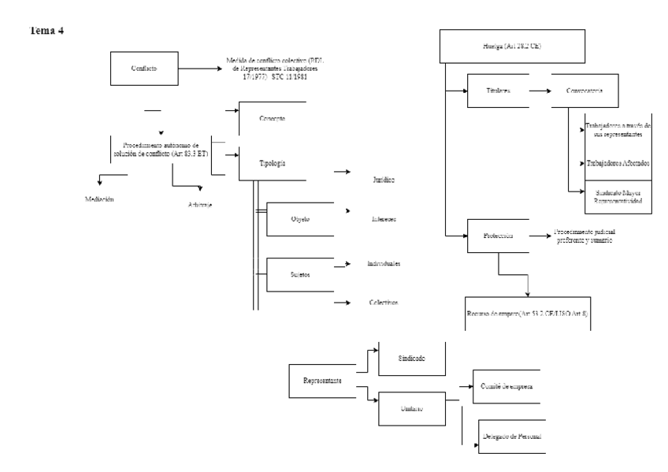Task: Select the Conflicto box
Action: [143, 69]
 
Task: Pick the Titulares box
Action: [497, 91]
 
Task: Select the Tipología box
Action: [271, 162]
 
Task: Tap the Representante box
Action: [322, 381]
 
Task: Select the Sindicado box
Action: [412, 359]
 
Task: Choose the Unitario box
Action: [412, 408]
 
